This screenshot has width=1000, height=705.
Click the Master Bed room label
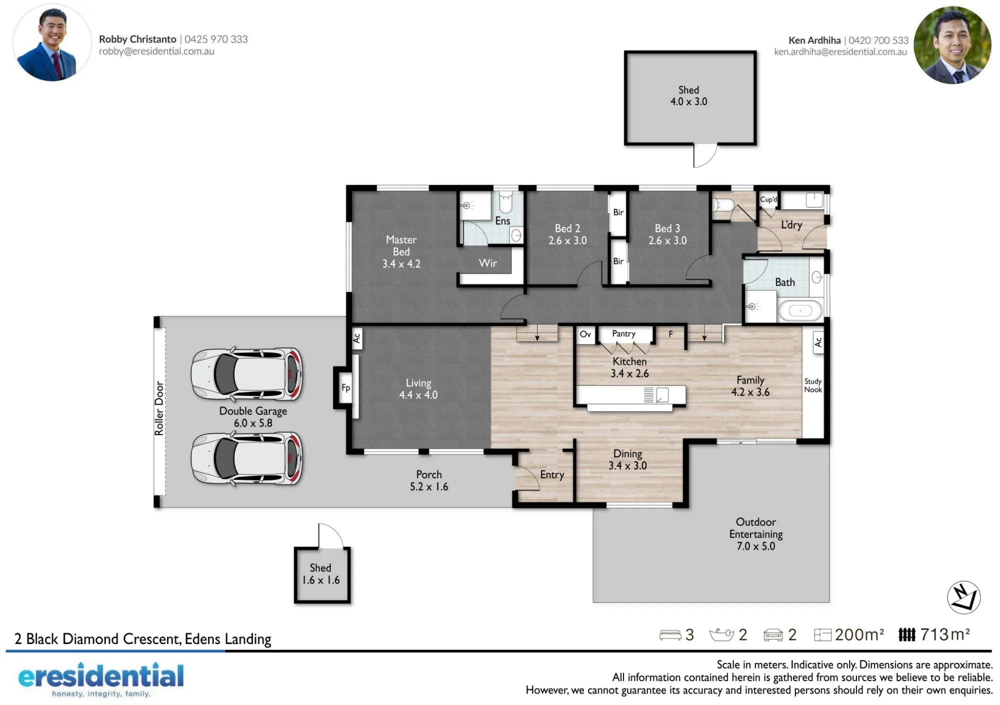point(401,245)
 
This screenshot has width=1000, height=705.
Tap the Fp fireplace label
point(345,387)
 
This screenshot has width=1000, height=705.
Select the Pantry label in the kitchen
point(623,333)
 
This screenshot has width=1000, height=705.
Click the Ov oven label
point(585,333)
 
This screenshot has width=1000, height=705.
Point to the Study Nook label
point(813,385)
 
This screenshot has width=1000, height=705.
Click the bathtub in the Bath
point(800,310)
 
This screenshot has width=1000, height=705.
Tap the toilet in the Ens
point(506,202)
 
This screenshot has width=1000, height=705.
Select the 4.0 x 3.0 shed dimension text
point(688,101)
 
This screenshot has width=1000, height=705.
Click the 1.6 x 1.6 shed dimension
point(320,580)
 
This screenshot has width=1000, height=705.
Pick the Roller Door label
point(159,408)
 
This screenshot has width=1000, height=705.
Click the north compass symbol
point(963,597)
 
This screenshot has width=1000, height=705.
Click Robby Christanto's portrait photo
point(52,43)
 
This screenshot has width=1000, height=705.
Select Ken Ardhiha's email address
point(840,52)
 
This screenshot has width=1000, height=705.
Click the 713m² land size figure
point(945,634)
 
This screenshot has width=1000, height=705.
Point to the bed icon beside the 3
point(670,635)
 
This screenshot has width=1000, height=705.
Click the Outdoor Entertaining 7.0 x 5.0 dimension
point(755,546)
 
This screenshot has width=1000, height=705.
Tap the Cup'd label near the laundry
point(768,199)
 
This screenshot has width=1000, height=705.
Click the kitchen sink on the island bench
point(662,394)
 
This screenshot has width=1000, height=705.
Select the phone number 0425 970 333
point(216,39)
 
